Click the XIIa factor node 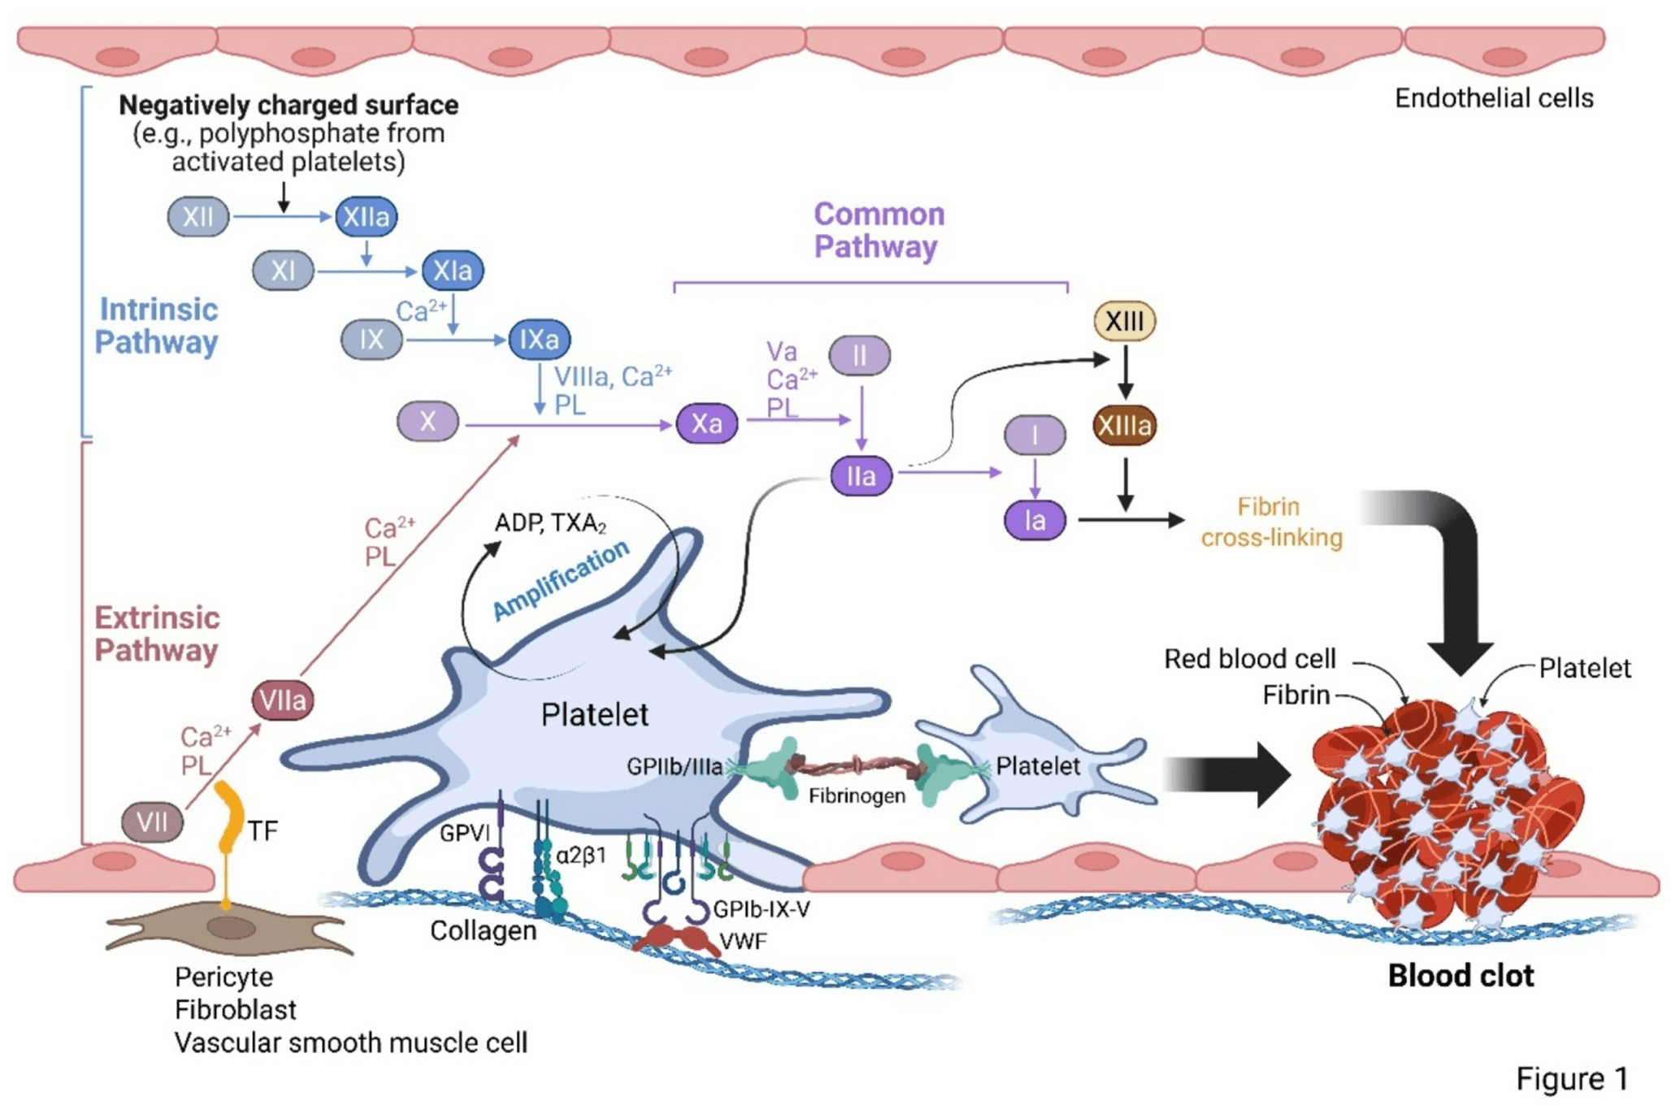367,217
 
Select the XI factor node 283,271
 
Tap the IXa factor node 539,340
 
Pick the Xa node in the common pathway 706,423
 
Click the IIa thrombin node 861,476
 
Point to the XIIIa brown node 1124,426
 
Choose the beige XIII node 1124,321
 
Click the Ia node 1034,521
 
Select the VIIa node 282,700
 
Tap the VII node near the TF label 152,822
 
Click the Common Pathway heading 879,230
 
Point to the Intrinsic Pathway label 157,326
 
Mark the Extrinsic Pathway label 157,634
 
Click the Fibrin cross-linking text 1271,522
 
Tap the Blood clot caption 1460,976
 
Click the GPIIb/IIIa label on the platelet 674,766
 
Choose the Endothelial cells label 1494,98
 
